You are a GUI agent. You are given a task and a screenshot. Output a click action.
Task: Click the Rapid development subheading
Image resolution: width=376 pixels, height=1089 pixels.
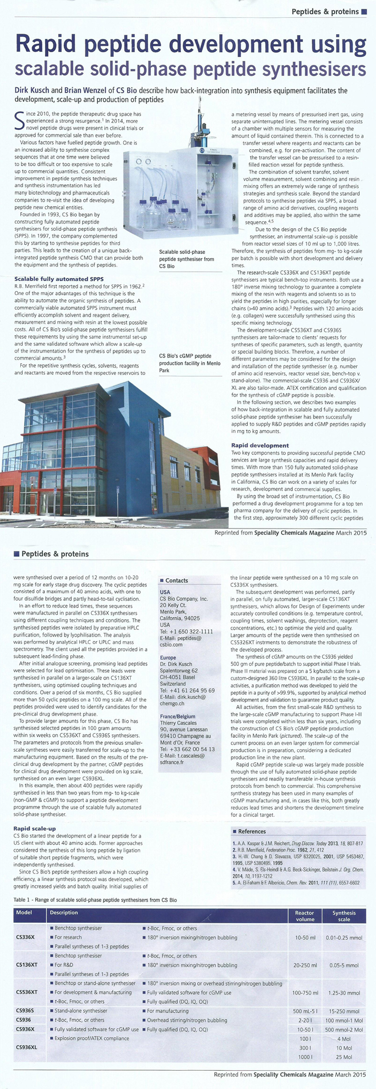coord(260,445)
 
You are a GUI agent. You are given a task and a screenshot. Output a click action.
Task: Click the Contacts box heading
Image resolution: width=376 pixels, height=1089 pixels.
coord(176,581)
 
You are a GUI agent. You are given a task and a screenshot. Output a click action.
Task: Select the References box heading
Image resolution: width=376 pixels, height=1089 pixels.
coord(252,831)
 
